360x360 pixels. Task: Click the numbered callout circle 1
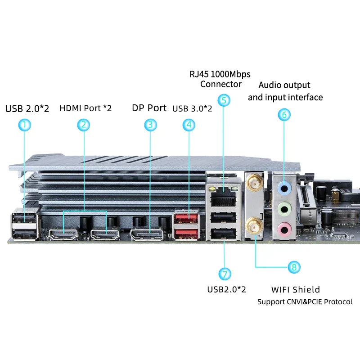(x=25, y=125)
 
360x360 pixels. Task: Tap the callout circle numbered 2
(x=84, y=125)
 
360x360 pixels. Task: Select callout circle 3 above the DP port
(x=150, y=125)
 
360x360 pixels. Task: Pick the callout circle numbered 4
(x=189, y=125)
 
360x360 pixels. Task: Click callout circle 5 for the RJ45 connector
(x=224, y=99)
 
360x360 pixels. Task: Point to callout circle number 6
(x=284, y=115)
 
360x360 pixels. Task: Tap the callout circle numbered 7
(x=225, y=274)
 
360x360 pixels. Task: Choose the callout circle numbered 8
(x=294, y=267)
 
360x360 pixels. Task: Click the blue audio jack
(x=283, y=187)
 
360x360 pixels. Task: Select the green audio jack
(x=283, y=208)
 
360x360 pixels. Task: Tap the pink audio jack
(x=283, y=228)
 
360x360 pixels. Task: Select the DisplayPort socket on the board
(x=147, y=234)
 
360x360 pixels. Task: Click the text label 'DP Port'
(x=149, y=108)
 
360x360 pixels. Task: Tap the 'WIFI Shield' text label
(x=296, y=289)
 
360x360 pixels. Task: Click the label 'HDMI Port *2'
(x=85, y=108)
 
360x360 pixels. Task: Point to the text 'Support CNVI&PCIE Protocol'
(x=305, y=301)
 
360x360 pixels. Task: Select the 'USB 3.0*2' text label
(x=192, y=108)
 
